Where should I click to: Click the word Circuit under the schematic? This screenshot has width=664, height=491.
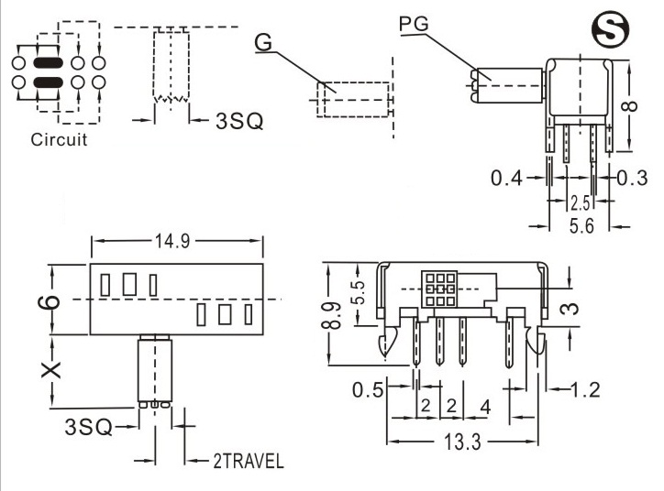pos(60,140)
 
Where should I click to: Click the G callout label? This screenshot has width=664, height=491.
pos(263,42)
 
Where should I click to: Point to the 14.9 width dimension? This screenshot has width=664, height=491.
pos(176,243)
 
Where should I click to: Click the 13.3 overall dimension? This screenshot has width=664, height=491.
pos(463,442)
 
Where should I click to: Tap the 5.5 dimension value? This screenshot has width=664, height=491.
pos(360,293)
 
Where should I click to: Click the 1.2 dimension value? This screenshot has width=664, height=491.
pos(585,390)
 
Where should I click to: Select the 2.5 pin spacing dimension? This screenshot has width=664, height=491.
pos(578,202)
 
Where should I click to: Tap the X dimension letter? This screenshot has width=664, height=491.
pos(52,369)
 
